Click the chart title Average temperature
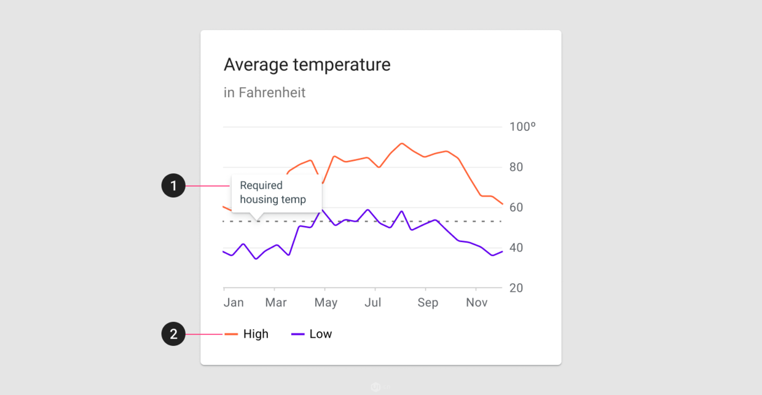coord(307,65)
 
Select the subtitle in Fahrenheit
coord(264,93)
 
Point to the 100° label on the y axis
coord(522,127)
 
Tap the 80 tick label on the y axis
coord(516,167)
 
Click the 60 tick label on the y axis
coord(516,208)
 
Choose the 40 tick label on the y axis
coord(516,248)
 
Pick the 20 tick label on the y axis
coord(516,288)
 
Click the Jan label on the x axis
coord(234,302)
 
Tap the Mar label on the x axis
coord(276,302)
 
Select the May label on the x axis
coord(326,303)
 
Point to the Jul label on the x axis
coord(373,302)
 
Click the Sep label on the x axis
coord(428,303)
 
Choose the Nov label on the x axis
coord(477,302)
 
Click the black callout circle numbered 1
coord(173,186)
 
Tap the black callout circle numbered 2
coord(173,334)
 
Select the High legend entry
coord(246,334)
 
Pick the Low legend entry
coord(312,334)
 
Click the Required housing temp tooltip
coord(277,194)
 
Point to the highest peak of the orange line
coord(402,144)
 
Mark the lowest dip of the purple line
coord(256,259)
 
